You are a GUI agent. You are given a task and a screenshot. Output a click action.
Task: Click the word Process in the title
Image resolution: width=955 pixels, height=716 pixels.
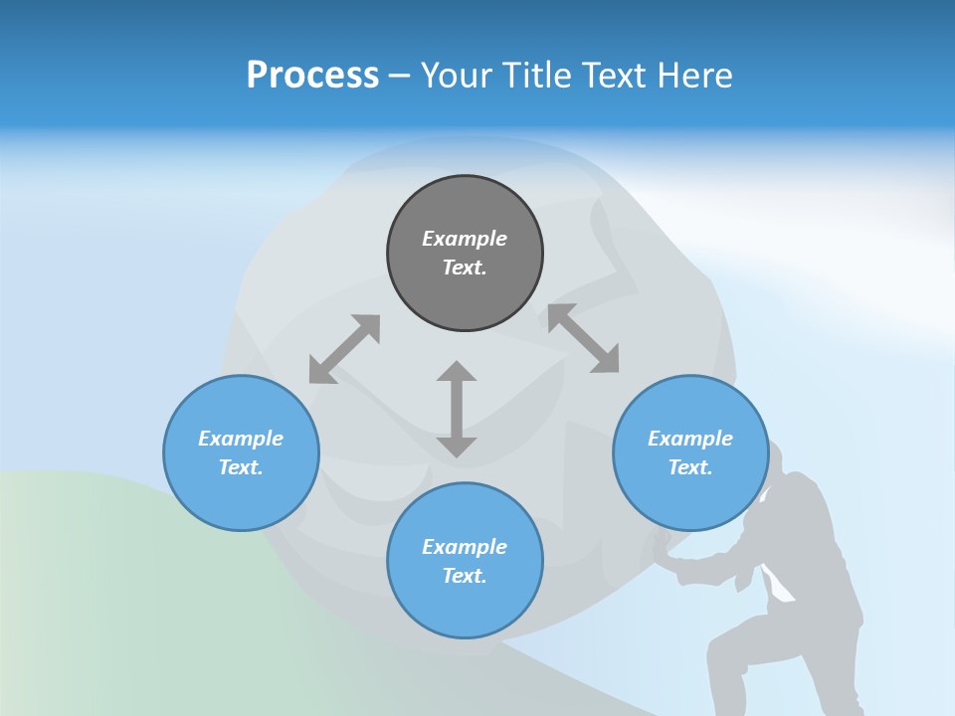(312, 76)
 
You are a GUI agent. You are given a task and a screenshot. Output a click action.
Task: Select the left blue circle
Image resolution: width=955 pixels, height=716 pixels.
(241, 497)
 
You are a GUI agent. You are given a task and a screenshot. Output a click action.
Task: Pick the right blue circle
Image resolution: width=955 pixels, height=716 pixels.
(690, 497)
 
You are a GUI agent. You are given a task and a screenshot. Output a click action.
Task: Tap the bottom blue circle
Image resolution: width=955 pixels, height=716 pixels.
(465, 607)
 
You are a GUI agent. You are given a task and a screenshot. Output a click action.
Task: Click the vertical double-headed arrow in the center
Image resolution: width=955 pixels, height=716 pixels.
(457, 409)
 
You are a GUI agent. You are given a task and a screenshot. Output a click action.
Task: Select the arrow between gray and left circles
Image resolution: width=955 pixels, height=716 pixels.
(344, 349)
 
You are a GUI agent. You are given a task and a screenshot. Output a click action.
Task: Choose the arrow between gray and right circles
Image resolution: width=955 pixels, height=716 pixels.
(583, 338)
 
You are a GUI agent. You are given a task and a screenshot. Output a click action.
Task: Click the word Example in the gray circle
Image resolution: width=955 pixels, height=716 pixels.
(465, 239)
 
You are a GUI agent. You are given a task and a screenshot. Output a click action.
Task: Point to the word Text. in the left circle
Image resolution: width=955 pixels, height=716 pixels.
(241, 467)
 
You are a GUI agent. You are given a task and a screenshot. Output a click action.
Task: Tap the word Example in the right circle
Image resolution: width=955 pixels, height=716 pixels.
(690, 439)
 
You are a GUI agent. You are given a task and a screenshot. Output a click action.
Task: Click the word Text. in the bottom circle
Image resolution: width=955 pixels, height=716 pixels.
(465, 576)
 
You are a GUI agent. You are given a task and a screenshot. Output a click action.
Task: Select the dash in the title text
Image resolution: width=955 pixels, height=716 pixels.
(400, 77)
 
